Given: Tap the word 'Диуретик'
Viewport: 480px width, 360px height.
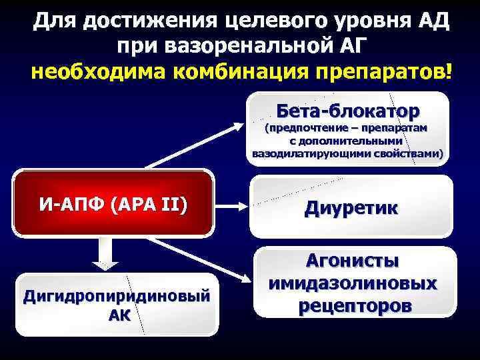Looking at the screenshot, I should coord(352,207).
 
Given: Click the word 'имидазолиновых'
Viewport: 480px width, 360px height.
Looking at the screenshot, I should coord(353,283).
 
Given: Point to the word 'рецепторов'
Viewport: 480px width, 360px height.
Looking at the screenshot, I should coord(353,305).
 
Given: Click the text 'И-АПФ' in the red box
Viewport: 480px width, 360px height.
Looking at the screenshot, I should coord(69,203).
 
